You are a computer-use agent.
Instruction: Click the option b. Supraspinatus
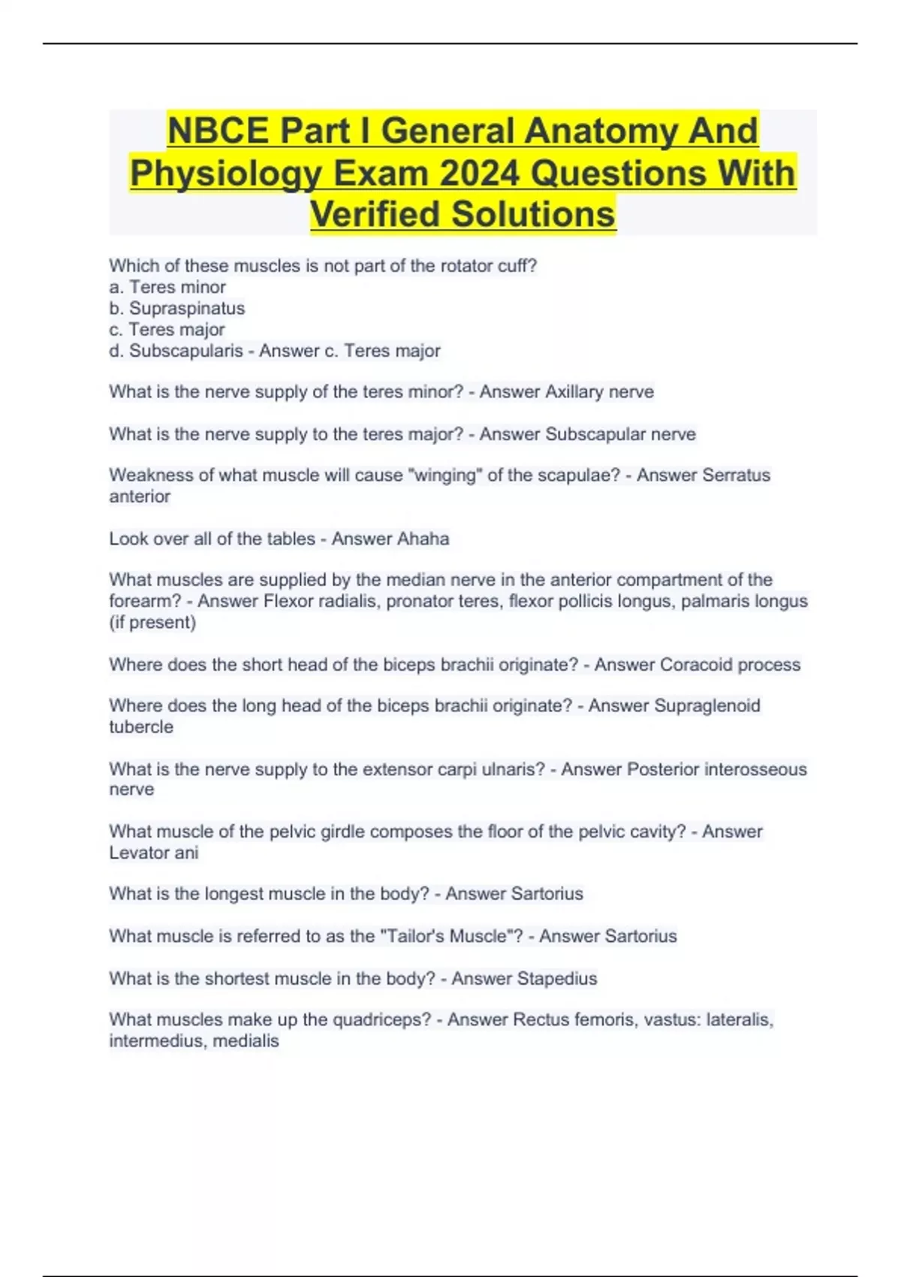tap(177, 309)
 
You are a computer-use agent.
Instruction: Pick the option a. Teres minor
tap(167, 288)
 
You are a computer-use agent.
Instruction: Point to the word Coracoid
tap(695, 665)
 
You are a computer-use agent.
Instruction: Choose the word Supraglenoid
tap(707, 706)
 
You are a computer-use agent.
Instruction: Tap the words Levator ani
tap(154, 853)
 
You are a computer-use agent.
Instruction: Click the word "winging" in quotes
tap(443, 475)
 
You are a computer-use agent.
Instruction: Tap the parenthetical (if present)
tap(152, 623)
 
